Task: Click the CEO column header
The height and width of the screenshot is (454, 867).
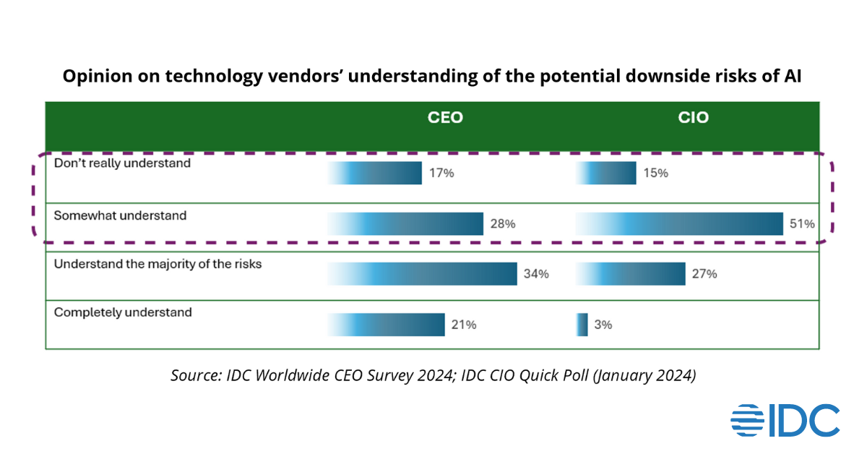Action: tap(445, 118)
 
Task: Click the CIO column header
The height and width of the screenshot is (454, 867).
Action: tap(694, 118)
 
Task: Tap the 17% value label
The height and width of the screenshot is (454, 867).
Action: tap(442, 174)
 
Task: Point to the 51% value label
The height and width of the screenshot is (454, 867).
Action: tap(803, 224)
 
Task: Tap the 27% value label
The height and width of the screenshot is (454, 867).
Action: tap(704, 275)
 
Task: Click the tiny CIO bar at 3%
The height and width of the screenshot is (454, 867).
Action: tap(582, 325)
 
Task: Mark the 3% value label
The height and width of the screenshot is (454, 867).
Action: tap(603, 325)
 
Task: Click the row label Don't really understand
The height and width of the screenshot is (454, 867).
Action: tap(122, 163)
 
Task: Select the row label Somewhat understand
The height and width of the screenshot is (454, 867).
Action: tap(120, 215)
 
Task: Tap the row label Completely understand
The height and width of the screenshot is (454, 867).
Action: tap(123, 312)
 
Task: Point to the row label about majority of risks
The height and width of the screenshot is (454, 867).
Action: tap(158, 264)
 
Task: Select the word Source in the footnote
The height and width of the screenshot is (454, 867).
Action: tap(195, 376)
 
